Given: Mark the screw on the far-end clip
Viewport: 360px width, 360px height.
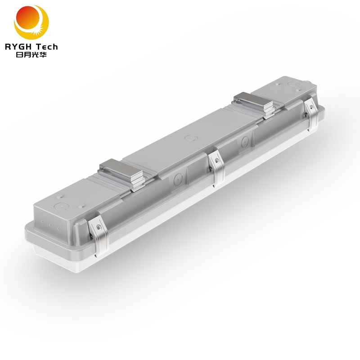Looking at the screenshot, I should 310,107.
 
